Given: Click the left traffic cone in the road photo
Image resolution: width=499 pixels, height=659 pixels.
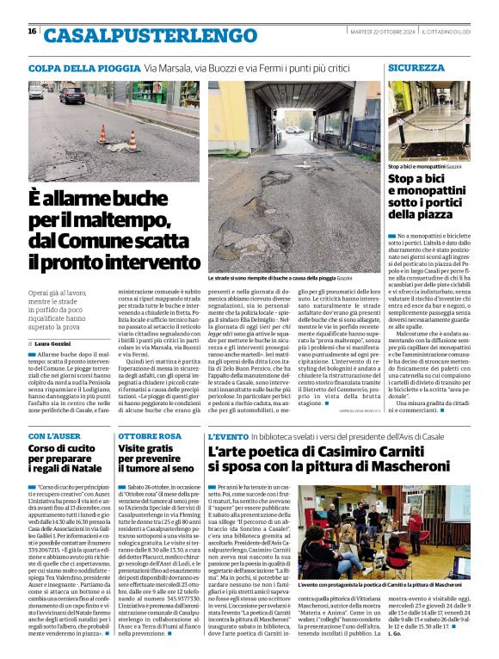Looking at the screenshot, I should pos(102,133).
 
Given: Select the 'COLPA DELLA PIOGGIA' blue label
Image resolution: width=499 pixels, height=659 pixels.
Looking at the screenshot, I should pos(83,67).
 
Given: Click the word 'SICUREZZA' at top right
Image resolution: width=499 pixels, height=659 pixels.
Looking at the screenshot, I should pos(416,67).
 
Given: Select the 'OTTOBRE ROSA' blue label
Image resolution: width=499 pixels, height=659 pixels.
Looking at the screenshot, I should pos(149,436).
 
